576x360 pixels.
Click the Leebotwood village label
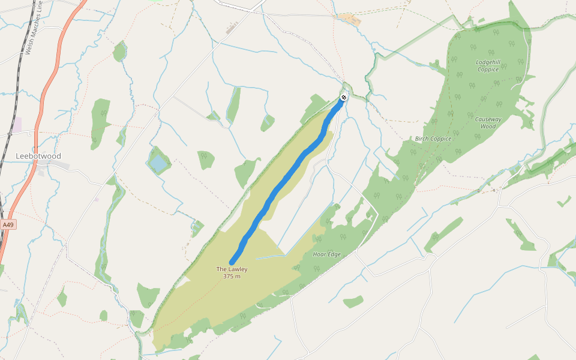(38, 156)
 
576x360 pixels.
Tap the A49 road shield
(8, 224)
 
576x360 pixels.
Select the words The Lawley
(232, 269)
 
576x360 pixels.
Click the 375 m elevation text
(232, 277)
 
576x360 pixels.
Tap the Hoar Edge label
(327, 254)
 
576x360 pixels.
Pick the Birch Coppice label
(433, 139)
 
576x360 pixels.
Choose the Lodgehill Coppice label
(488, 65)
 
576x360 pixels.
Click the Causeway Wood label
(488, 122)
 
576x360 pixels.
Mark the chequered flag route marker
(344, 97)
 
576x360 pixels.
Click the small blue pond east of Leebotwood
(158, 162)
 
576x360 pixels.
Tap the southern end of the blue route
(232, 262)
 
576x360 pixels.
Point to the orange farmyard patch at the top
(349, 19)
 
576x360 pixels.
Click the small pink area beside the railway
(16, 124)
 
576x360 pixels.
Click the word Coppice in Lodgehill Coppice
(488, 70)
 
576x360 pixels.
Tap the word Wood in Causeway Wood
(488, 127)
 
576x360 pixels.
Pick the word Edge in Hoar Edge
(334, 254)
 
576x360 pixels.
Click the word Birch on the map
(422, 139)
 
